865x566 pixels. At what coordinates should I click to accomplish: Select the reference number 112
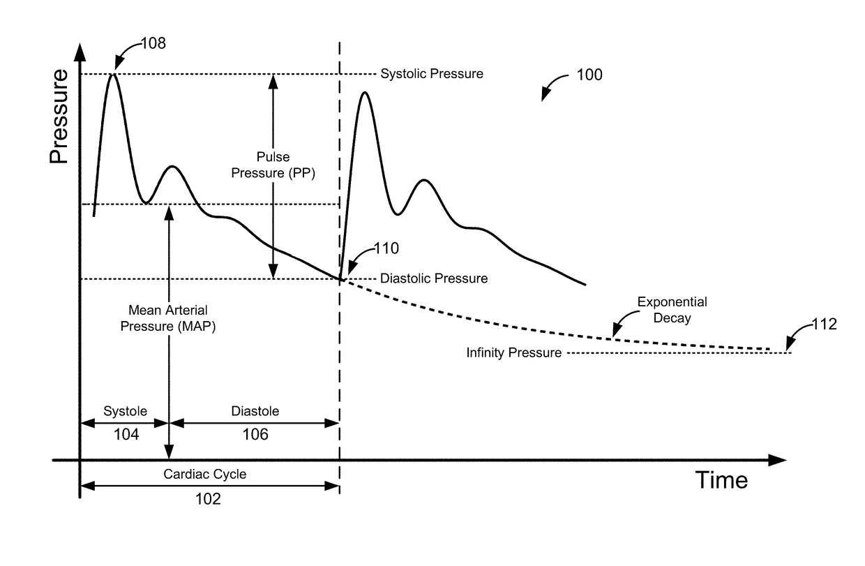825,325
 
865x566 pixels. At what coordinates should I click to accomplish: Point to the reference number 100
589,75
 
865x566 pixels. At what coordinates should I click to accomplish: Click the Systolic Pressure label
431,73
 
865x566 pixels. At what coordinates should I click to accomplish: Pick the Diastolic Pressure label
433,278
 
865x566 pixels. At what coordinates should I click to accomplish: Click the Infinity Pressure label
513,353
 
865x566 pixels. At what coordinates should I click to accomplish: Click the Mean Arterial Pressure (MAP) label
167,318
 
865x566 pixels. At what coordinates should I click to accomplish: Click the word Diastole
255,410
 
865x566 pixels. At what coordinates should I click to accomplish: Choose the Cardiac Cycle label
204,474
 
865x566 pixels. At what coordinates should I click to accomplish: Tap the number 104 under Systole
126,434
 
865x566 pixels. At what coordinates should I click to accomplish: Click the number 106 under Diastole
255,434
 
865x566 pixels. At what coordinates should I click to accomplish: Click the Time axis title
721,480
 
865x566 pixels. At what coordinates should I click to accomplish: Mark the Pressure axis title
59,117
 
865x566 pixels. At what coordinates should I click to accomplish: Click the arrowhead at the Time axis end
778,460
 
